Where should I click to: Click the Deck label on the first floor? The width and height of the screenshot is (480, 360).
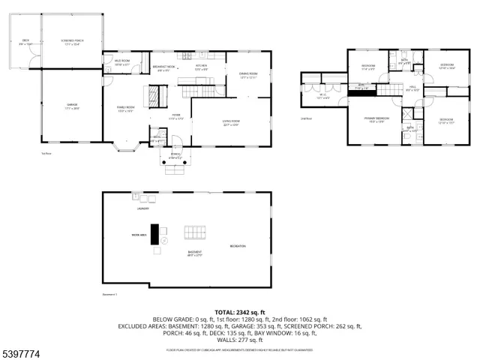(25, 41)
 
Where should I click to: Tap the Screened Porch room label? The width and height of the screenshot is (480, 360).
(72, 41)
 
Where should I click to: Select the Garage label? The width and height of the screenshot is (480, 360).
(73, 105)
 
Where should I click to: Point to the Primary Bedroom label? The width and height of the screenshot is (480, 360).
(376, 119)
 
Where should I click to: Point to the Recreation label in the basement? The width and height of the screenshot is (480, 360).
(238, 247)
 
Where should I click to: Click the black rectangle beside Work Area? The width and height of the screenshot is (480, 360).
(154, 235)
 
